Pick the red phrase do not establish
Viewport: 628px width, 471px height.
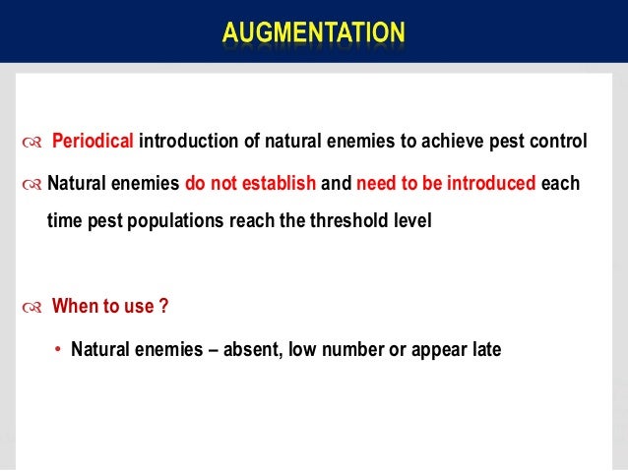(250, 182)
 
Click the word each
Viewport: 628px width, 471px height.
(561, 182)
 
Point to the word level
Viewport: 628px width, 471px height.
(412, 221)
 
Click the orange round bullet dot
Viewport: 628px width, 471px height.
(58, 348)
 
